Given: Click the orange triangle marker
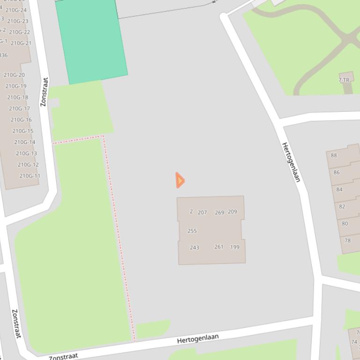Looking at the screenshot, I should (x=180, y=180).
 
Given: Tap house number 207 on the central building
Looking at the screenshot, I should (x=202, y=212).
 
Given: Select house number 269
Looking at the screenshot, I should (x=220, y=212).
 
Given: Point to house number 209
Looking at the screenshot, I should (x=232, y=212).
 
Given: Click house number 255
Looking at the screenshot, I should (x=192, y=231).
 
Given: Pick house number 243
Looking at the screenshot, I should (x=194, y=248).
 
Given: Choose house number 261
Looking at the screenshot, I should (x=219, y=247).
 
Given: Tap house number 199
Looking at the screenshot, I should (x=235, y=247).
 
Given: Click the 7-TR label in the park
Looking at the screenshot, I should (x=344, y=80).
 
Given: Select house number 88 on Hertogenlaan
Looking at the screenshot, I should (x=334, y=155).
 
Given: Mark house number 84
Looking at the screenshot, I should (x=339, y=189).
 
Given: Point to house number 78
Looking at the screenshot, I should (x=347, y=241).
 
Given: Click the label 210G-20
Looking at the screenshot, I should (x=14, y=75).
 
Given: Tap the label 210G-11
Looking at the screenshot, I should (x=29, y=176).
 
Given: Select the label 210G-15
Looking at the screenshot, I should (x=22, y=131).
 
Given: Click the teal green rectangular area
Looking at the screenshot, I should (x=92, y=41).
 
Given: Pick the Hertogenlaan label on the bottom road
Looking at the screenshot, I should (x=198, y=338).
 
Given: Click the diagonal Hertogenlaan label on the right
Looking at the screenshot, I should (x=291, y=162).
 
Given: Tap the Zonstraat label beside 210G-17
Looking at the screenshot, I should (x=44, y=92).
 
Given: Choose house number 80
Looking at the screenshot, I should (x=345, y=223).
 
